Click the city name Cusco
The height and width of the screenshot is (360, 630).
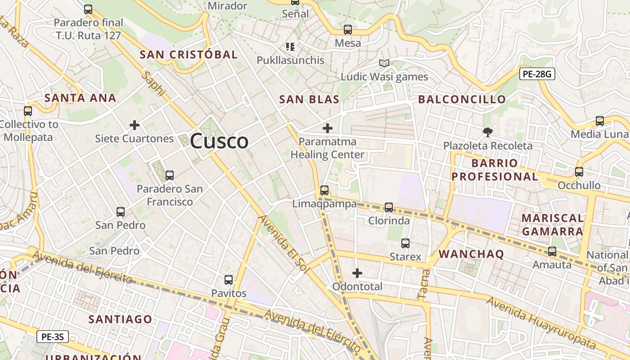click(x=219, y=141)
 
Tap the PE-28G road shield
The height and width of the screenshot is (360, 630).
click(x=537, y=74)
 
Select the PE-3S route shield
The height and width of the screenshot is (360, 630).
click(x=53, y=337)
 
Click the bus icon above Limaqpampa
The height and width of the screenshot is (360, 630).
click(x=324, y=190)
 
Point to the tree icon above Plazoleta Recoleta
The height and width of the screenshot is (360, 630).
click(x=487, y=132)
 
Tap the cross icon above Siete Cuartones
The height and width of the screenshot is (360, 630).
click(x=134, y=125)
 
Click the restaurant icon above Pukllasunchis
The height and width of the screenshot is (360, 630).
click(x=290, y=46)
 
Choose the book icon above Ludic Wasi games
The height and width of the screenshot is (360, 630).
click(x=384, y=63)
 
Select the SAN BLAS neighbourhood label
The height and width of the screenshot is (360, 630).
click(x=309, y=99)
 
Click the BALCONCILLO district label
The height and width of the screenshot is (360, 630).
click(x=462, y=99)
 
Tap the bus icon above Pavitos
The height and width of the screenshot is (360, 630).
click(x=229, y=280)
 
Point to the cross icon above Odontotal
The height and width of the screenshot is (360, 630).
click(x=357, y=273)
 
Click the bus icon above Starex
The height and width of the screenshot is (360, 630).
click(x=405, y=243)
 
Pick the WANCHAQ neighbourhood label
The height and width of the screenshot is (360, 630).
click(x=471, y=254)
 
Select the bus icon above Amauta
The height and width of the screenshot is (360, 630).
click(x=552, y=252)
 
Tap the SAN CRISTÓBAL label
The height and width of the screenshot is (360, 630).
click(x=188, y=55)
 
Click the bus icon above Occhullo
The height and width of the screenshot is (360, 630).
click(x=579, y=172)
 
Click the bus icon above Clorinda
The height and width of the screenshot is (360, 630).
click(x=388, y=207)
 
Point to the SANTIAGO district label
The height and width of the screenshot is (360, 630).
click(x=120, y=319)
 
